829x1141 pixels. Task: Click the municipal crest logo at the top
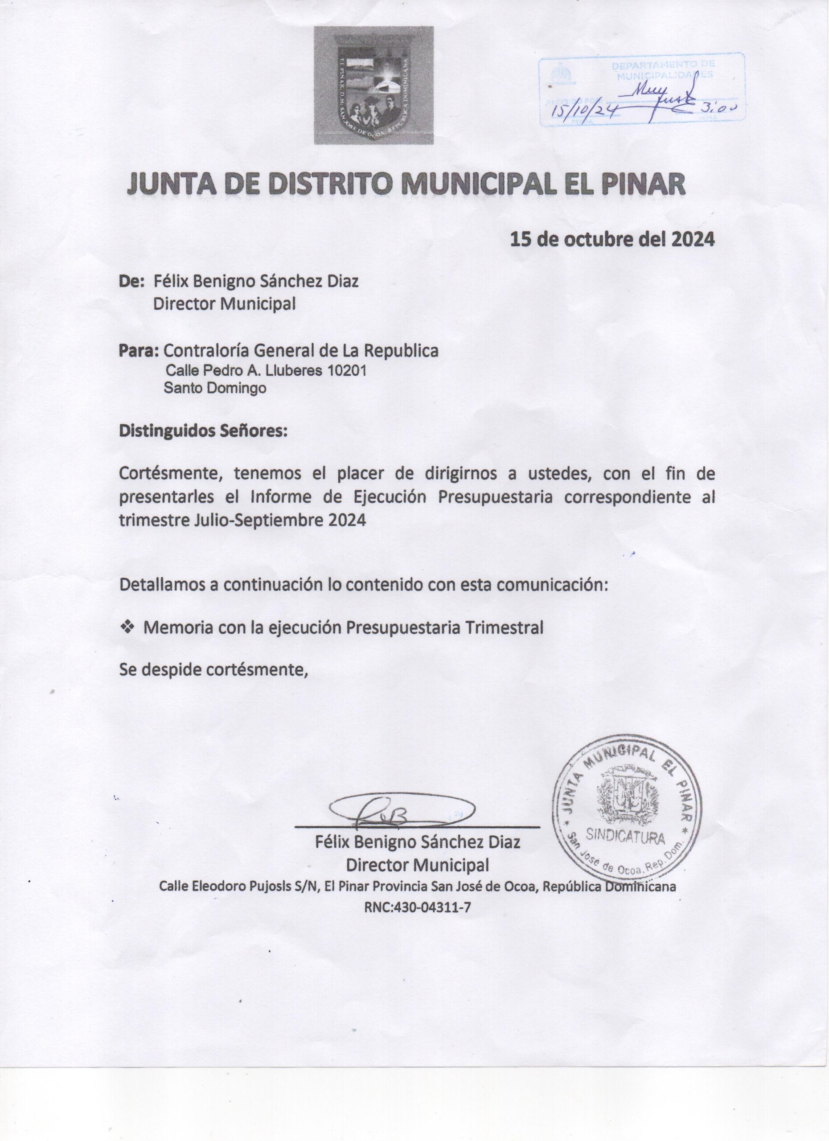click(x=374, y=85)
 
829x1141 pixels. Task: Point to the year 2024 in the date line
click(x=693, y=239)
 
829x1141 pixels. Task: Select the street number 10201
click(x=347, y=371)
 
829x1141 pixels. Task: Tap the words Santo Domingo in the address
click(x=215, y=388)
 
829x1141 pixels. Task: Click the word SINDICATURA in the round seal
click(x=626, y=837)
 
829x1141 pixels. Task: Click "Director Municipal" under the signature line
click(x=417, y=865)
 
